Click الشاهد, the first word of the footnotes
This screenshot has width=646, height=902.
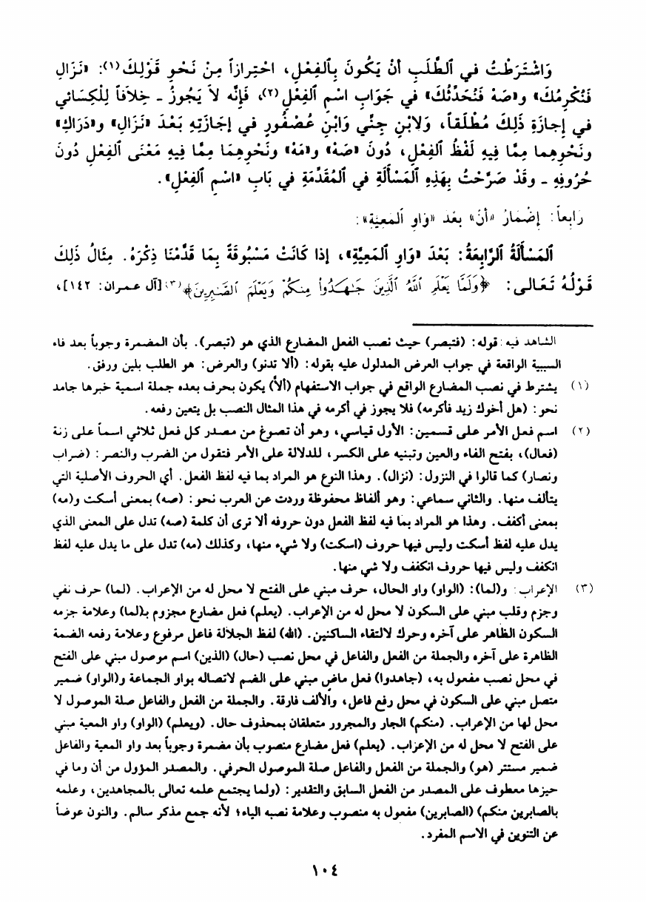576,346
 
